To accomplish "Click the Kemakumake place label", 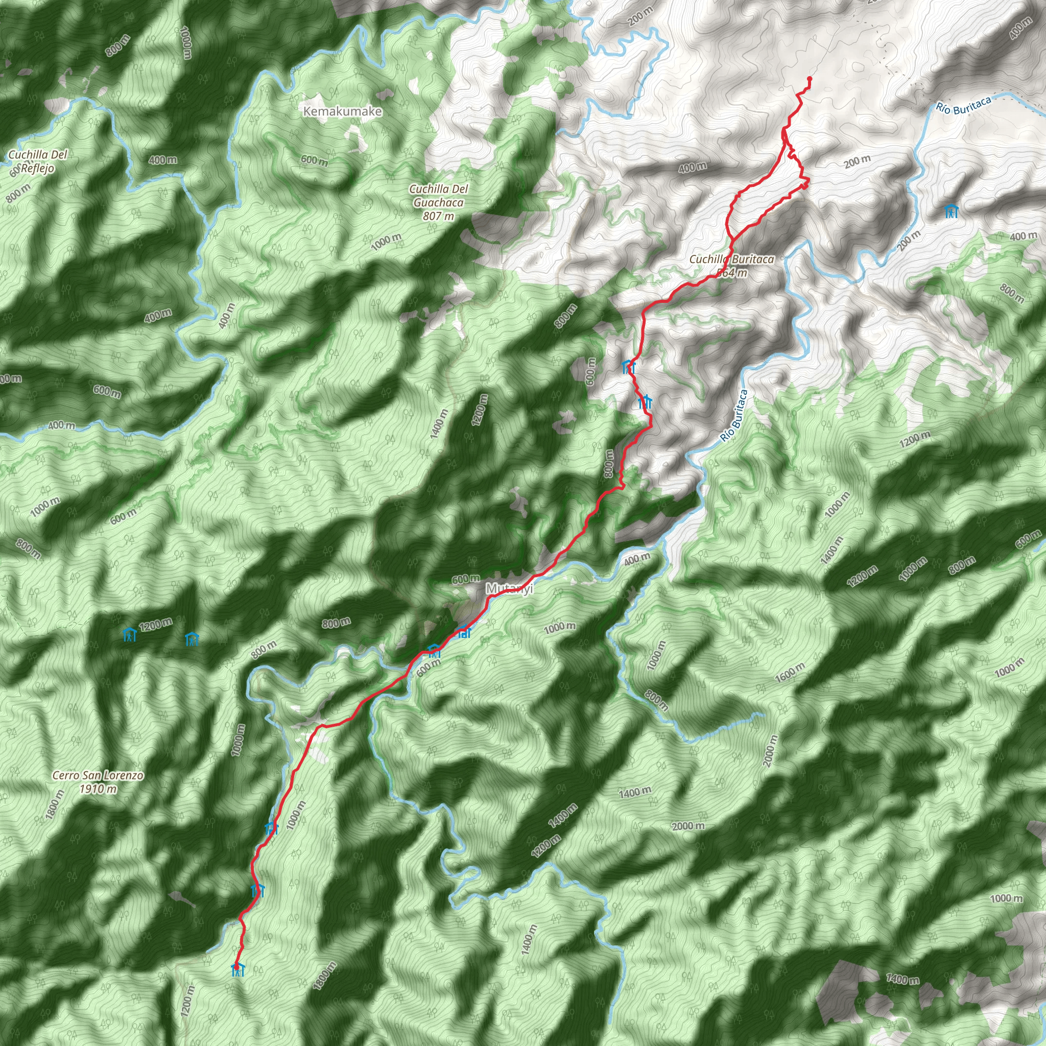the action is tap(343, 111).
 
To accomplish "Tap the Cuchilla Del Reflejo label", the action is tap(38, 161).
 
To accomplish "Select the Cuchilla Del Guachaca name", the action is tap(439, 196).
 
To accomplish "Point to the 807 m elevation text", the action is tap(439, 216).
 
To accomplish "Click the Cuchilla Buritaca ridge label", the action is tap(731, 259).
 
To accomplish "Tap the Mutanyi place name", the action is tap(509, 588).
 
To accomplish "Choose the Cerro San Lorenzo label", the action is tap(98, 775).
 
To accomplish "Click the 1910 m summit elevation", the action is tap(98, 789).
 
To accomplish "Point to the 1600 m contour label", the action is tap(790, 673).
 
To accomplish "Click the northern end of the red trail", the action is tap(810, 80).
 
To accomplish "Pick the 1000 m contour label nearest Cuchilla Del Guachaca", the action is tap(387, 242).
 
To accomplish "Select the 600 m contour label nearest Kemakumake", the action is tap(315, 160).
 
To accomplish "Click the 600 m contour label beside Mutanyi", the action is tap(466, 579).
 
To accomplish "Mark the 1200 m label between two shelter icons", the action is tap(156, 625).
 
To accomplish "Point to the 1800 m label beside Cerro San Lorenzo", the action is tap(55, 804).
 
